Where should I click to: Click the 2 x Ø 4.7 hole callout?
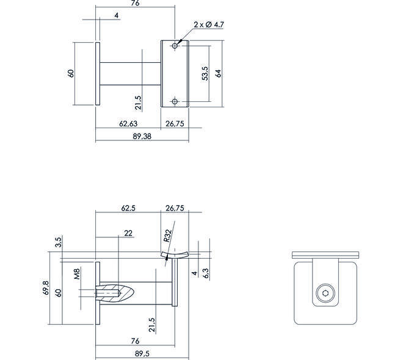click(x=209, y=24)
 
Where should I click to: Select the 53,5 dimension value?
click(x=205, y=73)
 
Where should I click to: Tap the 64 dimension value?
click(x=218, y=73)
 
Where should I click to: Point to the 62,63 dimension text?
click(x=128, y=124)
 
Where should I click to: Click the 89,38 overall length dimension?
click(x=142, y=136)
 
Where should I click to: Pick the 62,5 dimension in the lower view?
click(x=128, y=208)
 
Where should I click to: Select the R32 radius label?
click(x=167, y=236)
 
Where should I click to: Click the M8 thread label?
click(x=77, y=273)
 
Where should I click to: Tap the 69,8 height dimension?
click(x=46, y=287)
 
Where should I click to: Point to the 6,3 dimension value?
click(x=206, y=273)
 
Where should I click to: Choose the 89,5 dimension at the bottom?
click(x=142, y=353)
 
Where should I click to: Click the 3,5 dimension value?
click(x=59, y=242)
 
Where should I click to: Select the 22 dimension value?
click(x=128, y=233)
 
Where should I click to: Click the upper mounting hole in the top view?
click(x=175, y=46)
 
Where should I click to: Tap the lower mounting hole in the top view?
click(x=175, y=102)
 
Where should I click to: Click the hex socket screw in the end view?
click(x=325, y=293)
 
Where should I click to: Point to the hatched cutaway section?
click(x=115, y=293)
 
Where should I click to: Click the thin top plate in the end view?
click(x=325, y=255)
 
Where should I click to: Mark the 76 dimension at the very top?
click(x=135, y=3)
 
